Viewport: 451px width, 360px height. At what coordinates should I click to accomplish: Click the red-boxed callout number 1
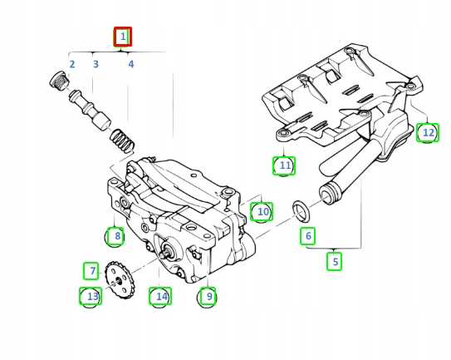pos(123,37)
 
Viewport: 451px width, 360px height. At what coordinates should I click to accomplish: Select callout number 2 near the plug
pos(72,64)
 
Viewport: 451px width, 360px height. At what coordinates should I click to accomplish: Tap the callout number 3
pos(96,64)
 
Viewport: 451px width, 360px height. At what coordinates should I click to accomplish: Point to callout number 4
pos(130,64)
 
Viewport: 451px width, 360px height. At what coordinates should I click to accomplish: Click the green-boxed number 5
pos(336,261)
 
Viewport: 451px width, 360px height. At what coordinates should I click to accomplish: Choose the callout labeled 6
pos(308,236)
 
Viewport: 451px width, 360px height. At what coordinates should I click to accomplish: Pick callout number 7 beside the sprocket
pos(92,270)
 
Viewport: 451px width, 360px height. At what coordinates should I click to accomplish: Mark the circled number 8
pos(117,237)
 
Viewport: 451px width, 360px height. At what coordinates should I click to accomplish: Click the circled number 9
pos(208,295)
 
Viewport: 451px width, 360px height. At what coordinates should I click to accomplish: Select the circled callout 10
pos(262,212)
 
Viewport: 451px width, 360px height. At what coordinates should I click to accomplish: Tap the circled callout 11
pos(285,166)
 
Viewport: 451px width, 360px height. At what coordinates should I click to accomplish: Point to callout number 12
pos(427,131)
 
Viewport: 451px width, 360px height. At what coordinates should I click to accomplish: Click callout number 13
pos(91,296)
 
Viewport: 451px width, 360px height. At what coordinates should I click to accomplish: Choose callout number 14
pos(160,295)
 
